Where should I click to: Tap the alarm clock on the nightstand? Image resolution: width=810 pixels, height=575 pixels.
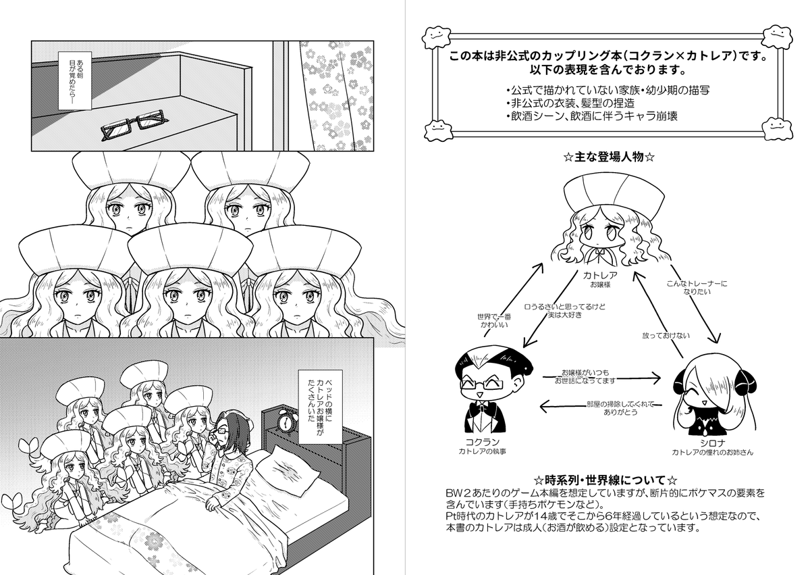287,421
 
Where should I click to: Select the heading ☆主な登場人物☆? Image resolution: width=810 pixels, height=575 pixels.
610,157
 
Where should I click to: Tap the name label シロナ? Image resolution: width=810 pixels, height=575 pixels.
708,441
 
